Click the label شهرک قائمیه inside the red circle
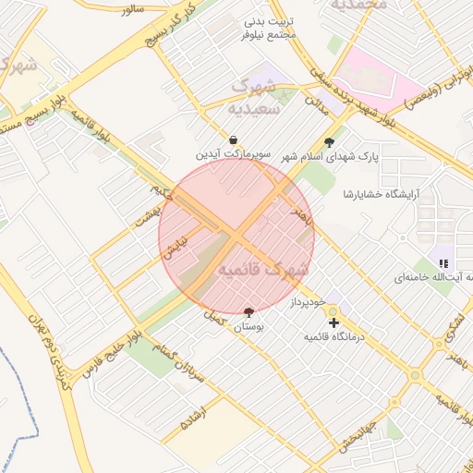coord(262,270)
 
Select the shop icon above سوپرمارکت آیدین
coord(233,139)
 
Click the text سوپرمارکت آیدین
coord(233,154)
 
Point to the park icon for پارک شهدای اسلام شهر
coord(329,142)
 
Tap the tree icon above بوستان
coord(249,312)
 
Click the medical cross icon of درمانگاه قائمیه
coord(334,322)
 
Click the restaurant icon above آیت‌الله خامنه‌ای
coord(443,263)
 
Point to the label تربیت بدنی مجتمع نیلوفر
coord(269,27)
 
